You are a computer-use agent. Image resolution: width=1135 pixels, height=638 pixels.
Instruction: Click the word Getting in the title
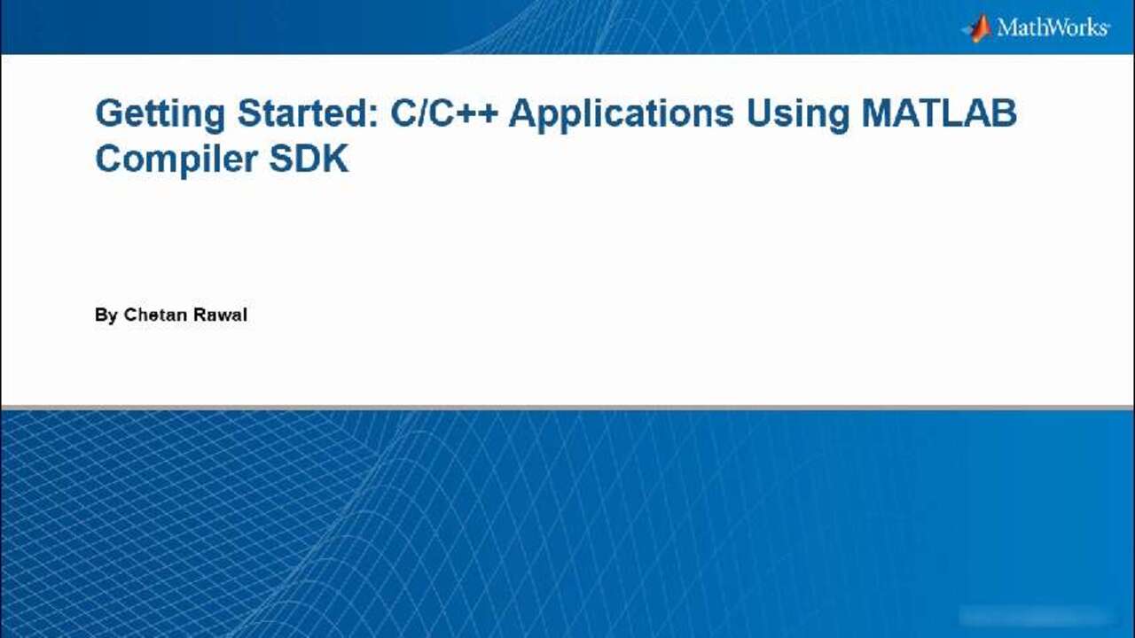tap(160, 115)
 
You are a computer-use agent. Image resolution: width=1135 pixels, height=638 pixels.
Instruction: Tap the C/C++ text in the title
tap(444, 113)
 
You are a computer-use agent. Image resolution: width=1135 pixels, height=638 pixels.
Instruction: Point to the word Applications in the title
tap(622, 115)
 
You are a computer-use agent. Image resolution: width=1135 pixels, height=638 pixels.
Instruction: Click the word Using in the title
tap(797, 115)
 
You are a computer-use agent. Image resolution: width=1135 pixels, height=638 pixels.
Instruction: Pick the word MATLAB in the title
tap(939, 113)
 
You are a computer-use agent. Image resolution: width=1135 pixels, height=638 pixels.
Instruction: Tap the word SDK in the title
tap(309, 159)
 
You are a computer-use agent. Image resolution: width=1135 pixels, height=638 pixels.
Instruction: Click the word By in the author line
tap(106, 315)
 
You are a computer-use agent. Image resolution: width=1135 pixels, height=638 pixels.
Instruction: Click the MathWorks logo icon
tap(977, 28)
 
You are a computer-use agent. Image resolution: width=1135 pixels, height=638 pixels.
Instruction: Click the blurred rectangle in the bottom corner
tap(1035, 615)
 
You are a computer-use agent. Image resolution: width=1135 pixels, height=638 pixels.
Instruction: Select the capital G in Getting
tap(110, 113)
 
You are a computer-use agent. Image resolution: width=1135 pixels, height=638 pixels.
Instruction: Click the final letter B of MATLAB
tap(1005, 113)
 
